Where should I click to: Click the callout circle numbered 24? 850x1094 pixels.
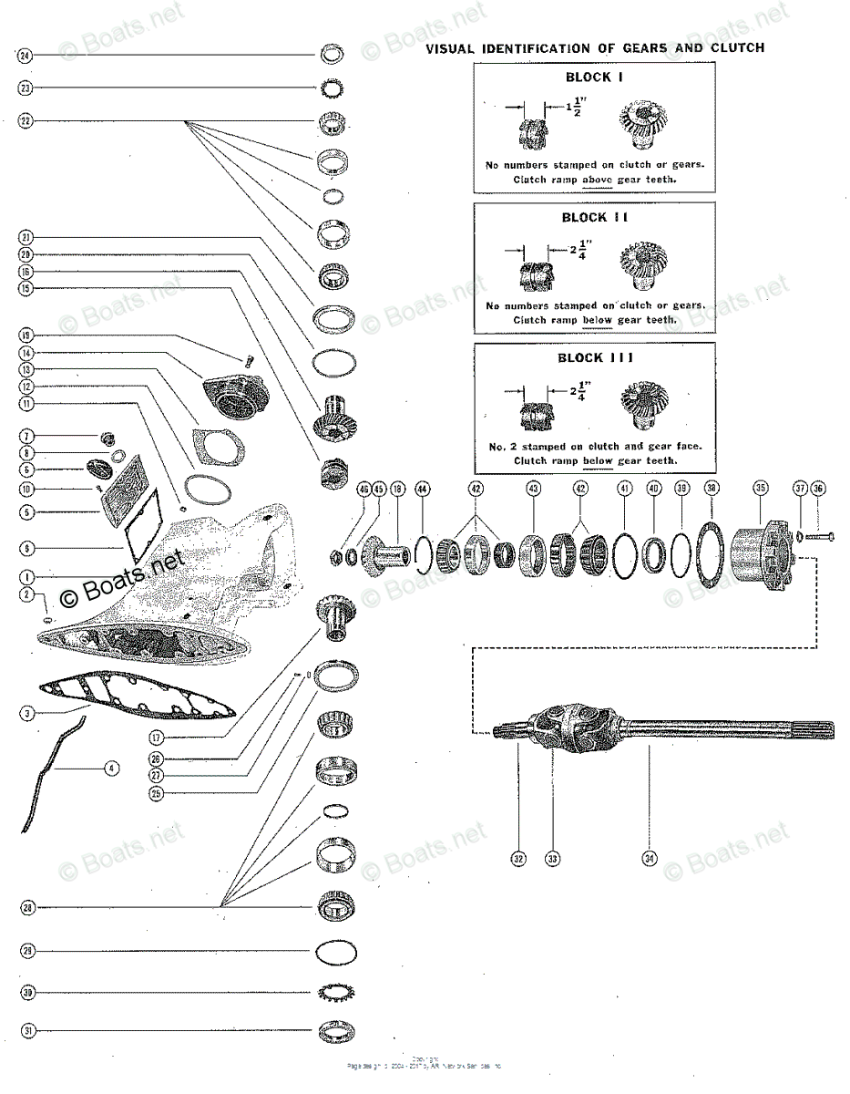26,56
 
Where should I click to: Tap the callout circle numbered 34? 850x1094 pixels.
649,858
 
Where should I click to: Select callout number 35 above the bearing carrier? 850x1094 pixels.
761,489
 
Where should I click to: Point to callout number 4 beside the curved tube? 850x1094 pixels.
110,769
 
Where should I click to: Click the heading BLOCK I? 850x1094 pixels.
594,78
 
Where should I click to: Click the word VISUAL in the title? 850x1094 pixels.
451,48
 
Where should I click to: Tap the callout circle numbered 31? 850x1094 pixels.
29,1031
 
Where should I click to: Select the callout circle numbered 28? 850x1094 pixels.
28,907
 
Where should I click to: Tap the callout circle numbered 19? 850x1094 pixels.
26,335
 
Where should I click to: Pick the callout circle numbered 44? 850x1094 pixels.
422,489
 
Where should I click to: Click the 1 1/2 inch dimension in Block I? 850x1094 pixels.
572,108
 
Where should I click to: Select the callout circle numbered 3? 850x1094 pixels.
28,714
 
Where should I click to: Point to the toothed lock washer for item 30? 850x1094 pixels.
336,992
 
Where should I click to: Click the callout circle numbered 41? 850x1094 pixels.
624,489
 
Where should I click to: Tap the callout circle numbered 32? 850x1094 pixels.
518,858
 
